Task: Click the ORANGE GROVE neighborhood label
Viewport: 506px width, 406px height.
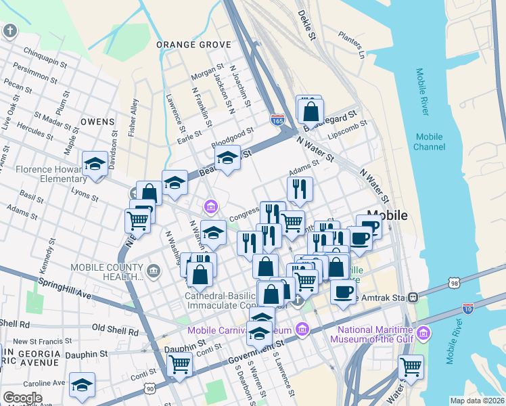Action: click(x=193, y=45)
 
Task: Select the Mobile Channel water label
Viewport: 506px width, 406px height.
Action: click(x=429, y=141)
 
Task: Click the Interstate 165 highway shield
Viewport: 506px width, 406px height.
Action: click(x=277, y=119)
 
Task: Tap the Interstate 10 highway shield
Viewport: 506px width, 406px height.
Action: click(x=467, y=309)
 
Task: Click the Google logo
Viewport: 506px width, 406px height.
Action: click(x=22, y=397)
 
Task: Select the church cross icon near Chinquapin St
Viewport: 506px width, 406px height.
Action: click(x=10, y=30)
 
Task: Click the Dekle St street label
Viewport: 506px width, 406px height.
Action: click(x=307, y=26)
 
